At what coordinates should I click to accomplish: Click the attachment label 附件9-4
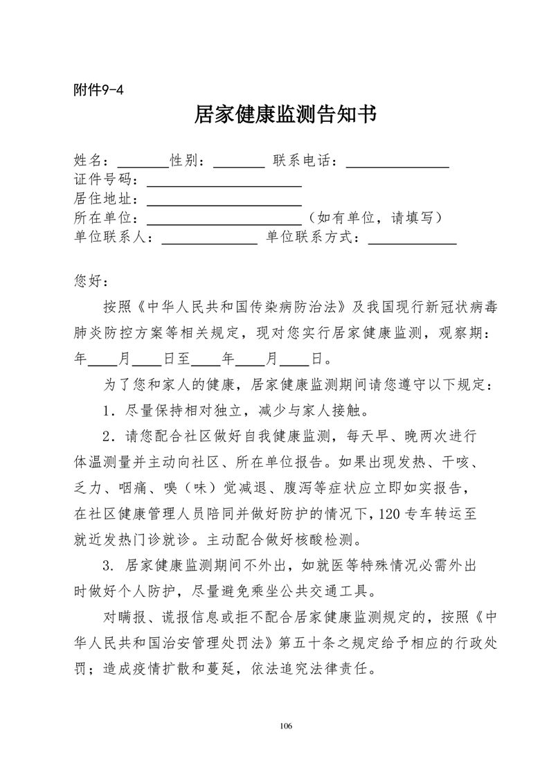click(98, 89)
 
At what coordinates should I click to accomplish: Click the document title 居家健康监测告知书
click(285, 115)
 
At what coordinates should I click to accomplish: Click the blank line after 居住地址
click(224, 203)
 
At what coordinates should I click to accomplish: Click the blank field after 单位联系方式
click(412, 241)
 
